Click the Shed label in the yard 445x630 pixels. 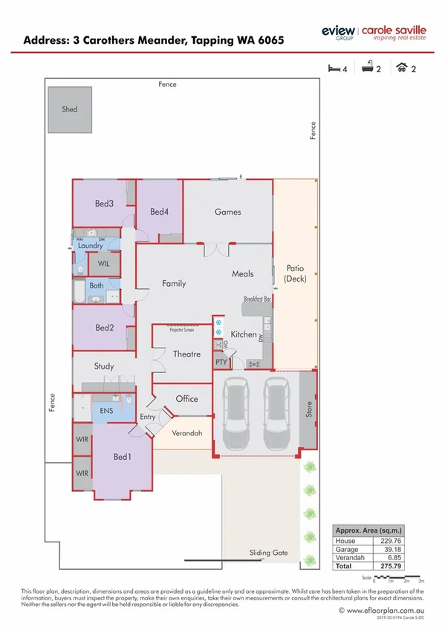click(69, 109)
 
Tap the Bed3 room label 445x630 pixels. click(104, 204)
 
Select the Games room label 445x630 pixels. click(227, 212)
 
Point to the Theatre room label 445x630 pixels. click(186, 354)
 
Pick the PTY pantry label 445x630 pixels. click(221, 362)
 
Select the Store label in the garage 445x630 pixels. click(309, 410)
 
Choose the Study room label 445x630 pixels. click(104, 366)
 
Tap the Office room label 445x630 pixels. click(186, 399)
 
